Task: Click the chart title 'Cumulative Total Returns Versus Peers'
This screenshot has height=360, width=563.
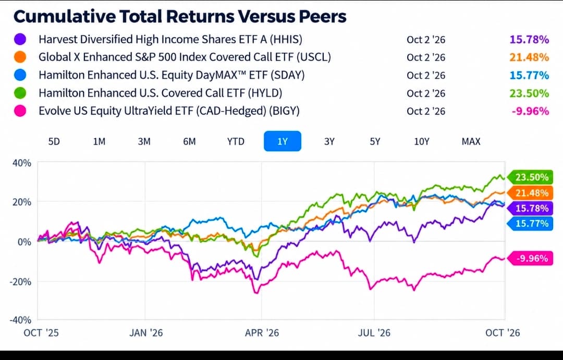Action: [x=180, y=16]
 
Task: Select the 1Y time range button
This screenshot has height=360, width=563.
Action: [x=283, y=141]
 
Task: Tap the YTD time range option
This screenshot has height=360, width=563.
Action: [x=236, y=141]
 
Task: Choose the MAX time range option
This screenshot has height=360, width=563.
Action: [x=471, y=141]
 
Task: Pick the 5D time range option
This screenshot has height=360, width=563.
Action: [x=54, y=141]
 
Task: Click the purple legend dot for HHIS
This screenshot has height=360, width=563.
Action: [x=20, y=39]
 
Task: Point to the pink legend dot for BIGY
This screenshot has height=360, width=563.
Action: [x=20, y=111]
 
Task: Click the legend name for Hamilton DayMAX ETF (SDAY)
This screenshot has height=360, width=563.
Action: [x=172, y=75]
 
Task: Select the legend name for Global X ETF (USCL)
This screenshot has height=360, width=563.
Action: [x=185, y=57]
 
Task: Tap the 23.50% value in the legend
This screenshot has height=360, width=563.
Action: [x=529, y=93]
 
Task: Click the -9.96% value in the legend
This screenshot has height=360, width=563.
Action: [x=530, y=111]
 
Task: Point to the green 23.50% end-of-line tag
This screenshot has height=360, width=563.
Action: [x=530, y=177]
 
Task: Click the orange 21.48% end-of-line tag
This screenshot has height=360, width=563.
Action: [x=530, y=193]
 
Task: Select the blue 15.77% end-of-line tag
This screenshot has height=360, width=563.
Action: [x=530, y=223]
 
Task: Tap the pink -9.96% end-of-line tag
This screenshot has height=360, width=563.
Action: [x=530, y=258]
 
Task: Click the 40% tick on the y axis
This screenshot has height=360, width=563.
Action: [x=22, y=163]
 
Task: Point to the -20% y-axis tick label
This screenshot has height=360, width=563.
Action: [x=20, y=281]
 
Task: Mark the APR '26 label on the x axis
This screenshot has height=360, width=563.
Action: [x=262, y=333]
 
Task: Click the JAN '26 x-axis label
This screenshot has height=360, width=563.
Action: [x=146, y=333]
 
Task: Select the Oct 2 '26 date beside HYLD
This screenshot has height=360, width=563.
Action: [x=426, y=93]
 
